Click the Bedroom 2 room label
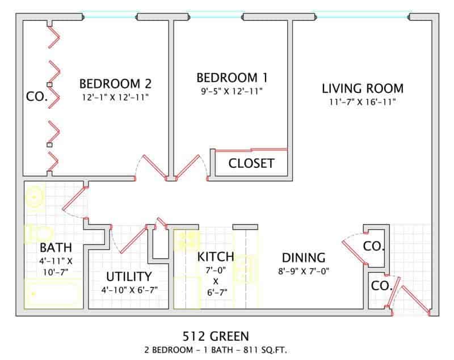point(115,83)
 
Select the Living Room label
point(363,88)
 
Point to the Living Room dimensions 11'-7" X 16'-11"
point(363,102)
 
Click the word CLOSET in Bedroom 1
point(251,163)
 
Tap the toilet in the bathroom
point(38,233)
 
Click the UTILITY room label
point(129,277)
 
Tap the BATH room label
point(56,248)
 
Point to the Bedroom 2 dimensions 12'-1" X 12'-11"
point(115,97)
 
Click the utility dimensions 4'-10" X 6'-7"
point(129,290)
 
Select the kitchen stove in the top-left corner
point(186,240)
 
